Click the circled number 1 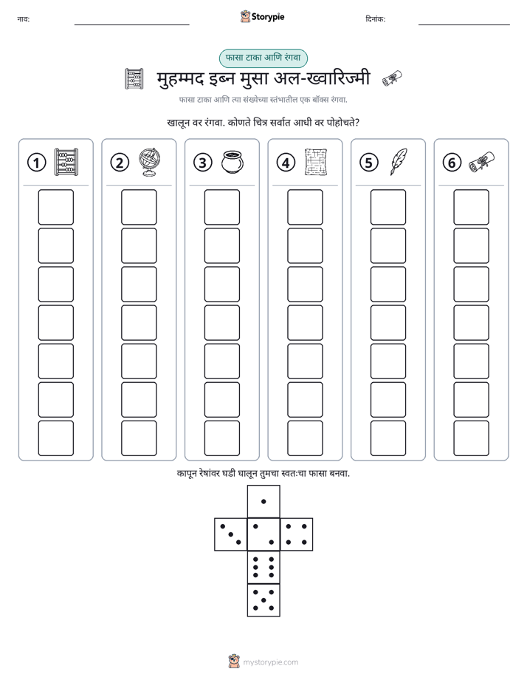pyautogui.click(x=36, y=163)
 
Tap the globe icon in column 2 pyautogui.click(x=150, y=162)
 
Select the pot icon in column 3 pyautogui.click(x=232, y=162)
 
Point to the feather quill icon pyautogui.click(x=399, y=162)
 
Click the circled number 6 pyautogui.click(x=452, y=163)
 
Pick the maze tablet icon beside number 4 pyautogui.click(x=316, y=162)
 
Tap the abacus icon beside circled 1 pyautogui.click(x=66, y=162)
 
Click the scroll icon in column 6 pyautogui.click(x=481, y=162)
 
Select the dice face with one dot pyautogui.click(x=263, y=501)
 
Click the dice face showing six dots pyautogui.click(x=263, y=567)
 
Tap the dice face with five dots pyautogui.click(x=263, y=599)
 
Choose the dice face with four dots pyautogui.click(x=297, y=534)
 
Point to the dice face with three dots pyautogui.click(x=231, y=534)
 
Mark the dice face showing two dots pyautogui.click(x=263, y=534)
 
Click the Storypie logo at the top pyautogui.click(x=262, y=17)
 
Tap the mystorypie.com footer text pyautogui.click(x=270, y=662)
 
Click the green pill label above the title pyautogui.click(x=263, y=58)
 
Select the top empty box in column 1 pyautogui.click(x=55, y=207)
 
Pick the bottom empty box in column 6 pyautogui.click(x=472, y=438)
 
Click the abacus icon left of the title pyautogui.click(x=134, y=79)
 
